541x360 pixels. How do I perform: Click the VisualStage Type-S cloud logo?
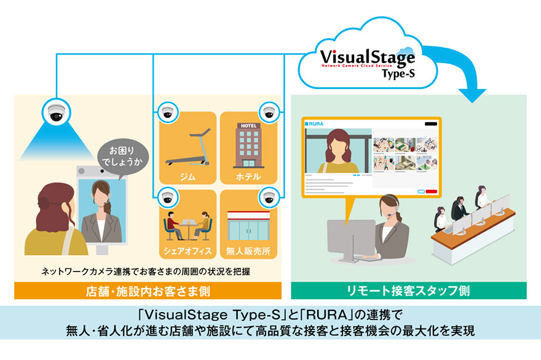click(368, 61)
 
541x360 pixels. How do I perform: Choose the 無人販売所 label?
click(248, 251)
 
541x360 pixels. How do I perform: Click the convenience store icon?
click(248, 226)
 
